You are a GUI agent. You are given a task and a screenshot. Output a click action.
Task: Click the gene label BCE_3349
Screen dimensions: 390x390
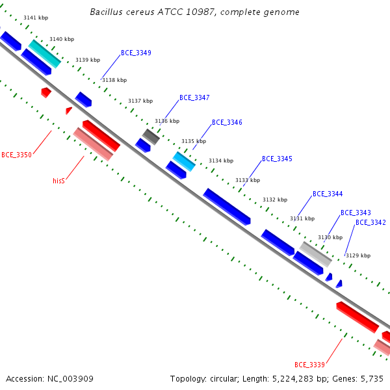click(x=136, y=53)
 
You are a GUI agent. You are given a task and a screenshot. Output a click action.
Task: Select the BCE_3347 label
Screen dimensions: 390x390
click(x=194, y=97)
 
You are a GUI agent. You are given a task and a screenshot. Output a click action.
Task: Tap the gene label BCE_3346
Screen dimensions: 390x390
click(x=227, y=122)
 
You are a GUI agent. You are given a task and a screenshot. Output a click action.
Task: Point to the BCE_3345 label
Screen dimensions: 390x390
click(x=277, y=159)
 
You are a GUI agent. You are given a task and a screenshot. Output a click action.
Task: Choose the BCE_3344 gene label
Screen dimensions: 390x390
click(x=328, y=194)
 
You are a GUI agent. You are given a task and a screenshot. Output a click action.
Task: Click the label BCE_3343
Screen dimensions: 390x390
click(x=356, y=213)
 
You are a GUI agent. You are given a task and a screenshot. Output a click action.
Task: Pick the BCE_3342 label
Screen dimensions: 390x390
click(x=370, y=222)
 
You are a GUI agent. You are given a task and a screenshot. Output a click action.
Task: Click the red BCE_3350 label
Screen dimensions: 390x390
click(x=17, y=155)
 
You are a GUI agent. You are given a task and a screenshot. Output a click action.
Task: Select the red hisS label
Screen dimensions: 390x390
click(x=58, y=181)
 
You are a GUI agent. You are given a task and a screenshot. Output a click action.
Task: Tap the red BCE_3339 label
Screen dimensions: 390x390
click(x=309, y=365)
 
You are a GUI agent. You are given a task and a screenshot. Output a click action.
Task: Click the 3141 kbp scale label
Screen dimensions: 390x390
click(x=36, y=18)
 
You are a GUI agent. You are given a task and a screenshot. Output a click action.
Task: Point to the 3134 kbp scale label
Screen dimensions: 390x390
click(x=221, y=161)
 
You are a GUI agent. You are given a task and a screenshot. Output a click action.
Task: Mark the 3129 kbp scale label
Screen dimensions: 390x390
click(x=358, y=255)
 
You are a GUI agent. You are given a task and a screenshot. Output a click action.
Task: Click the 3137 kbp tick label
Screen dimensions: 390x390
click(x=140, y=101)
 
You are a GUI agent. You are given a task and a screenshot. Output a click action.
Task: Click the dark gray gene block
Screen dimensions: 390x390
click(x=151, y=136)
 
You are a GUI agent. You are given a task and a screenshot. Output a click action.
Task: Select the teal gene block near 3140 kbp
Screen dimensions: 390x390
click(x=44, y=54)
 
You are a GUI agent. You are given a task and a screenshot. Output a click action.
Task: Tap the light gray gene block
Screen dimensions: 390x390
click(x=315, y=254)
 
